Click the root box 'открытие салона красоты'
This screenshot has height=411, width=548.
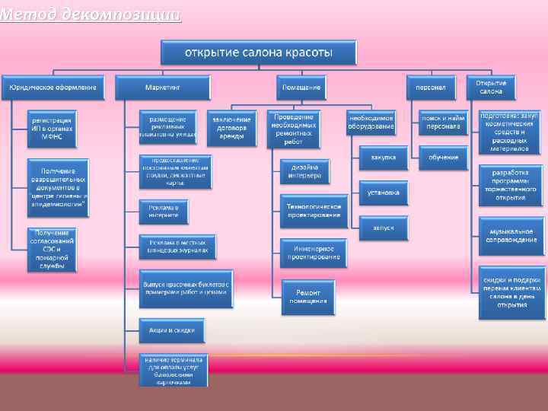pos(259,53)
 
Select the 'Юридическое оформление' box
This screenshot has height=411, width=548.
pos(53,88)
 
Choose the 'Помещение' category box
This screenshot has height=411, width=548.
pos(302,88)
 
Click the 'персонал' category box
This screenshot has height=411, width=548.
pos(431,88)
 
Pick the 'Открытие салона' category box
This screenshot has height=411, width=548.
pos(491,87)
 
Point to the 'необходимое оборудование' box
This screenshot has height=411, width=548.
pos(371,124)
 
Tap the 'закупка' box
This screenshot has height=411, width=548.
pos(383,158)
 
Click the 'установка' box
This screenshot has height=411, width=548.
pos(383,193)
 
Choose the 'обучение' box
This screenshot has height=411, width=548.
pos(443,158)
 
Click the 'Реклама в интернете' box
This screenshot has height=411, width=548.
pos(163,211)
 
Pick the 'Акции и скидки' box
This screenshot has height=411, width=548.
pos(171,330)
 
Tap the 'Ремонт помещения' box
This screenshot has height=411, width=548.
pos(307,296)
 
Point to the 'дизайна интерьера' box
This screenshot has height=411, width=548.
pos(304,171)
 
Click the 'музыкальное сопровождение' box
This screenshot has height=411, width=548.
pos(511,235)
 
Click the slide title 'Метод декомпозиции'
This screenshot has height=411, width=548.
pos(91,14)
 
